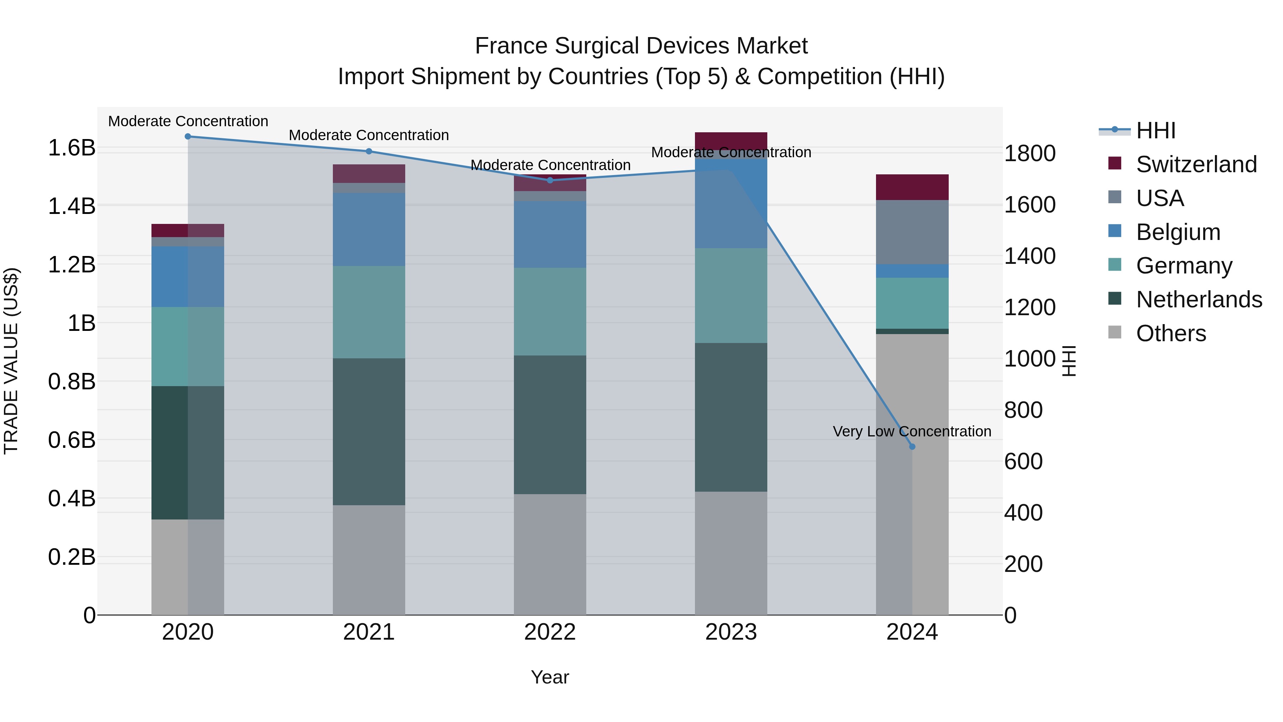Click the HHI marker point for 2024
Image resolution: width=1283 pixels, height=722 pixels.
tap(912, 446)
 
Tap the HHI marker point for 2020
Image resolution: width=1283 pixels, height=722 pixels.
tap(188, 136)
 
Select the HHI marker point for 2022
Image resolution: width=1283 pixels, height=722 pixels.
tap(550, 180)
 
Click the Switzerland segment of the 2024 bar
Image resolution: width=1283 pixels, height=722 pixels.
tap(912, 187)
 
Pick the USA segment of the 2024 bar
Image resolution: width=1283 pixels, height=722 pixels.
tap(912, 232)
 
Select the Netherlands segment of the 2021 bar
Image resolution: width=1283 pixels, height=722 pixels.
tap(369, 431)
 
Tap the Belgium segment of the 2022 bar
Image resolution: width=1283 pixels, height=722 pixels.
tap(550, 234)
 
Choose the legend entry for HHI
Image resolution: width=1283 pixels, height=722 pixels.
tap(1155, 130)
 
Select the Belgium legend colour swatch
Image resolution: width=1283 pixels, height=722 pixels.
tap(1114, 231)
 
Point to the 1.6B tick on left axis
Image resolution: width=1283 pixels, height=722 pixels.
tap(71, 148)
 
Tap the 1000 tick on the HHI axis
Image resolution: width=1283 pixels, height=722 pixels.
tap(1029, 359)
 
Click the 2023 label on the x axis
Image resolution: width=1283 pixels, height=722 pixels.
tap(731, 632)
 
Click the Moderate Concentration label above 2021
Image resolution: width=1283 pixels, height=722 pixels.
tap(369, 135)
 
